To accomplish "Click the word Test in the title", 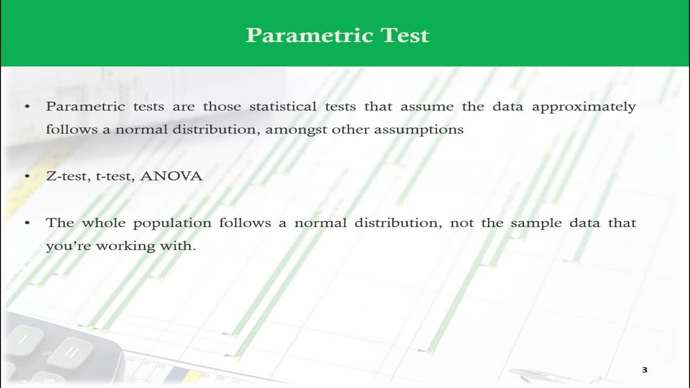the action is point(405,35).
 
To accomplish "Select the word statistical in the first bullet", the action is point(283,106).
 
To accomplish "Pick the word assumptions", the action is point(419,130).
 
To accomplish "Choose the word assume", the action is point(427,107).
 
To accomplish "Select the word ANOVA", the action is point(171,176).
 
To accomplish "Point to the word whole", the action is point(103,223).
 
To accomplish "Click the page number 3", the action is point(645,370).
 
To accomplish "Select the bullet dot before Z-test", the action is point(27,176).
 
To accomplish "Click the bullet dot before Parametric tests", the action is point(27,107).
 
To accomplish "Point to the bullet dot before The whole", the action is point(27,223).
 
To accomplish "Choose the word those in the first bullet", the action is point(222,106).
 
